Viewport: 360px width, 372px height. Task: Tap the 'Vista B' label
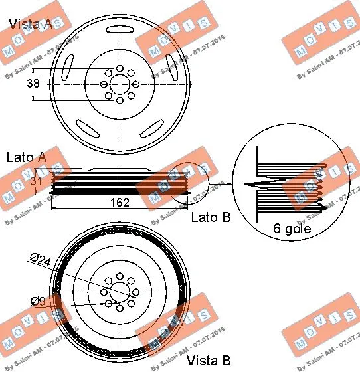point(207,361)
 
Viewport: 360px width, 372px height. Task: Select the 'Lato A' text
point(26,157)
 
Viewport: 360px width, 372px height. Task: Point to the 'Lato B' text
point(211,217)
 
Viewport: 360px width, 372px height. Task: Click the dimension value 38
point(31,84)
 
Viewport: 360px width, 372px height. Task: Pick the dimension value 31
point(39,179)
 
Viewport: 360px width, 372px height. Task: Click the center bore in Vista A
point(120,84)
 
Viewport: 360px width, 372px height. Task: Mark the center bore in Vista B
point(120,292)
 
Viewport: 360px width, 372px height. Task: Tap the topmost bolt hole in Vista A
point(120,68)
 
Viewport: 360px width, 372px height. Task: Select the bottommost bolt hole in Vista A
point(120,100)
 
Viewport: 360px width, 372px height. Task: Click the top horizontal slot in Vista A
point(120,29)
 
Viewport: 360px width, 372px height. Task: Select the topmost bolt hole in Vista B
point(120,276)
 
